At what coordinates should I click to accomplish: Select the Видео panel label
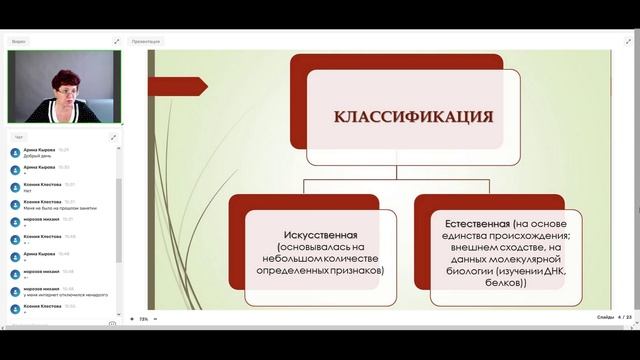point(20,41)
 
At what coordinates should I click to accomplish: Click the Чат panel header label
point(19,136)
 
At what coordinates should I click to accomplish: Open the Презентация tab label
point(147,41)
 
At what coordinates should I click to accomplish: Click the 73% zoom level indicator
point(143,319)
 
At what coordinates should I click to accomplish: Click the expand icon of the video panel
point(116,41)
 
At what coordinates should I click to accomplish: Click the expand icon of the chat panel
point(116,136)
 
